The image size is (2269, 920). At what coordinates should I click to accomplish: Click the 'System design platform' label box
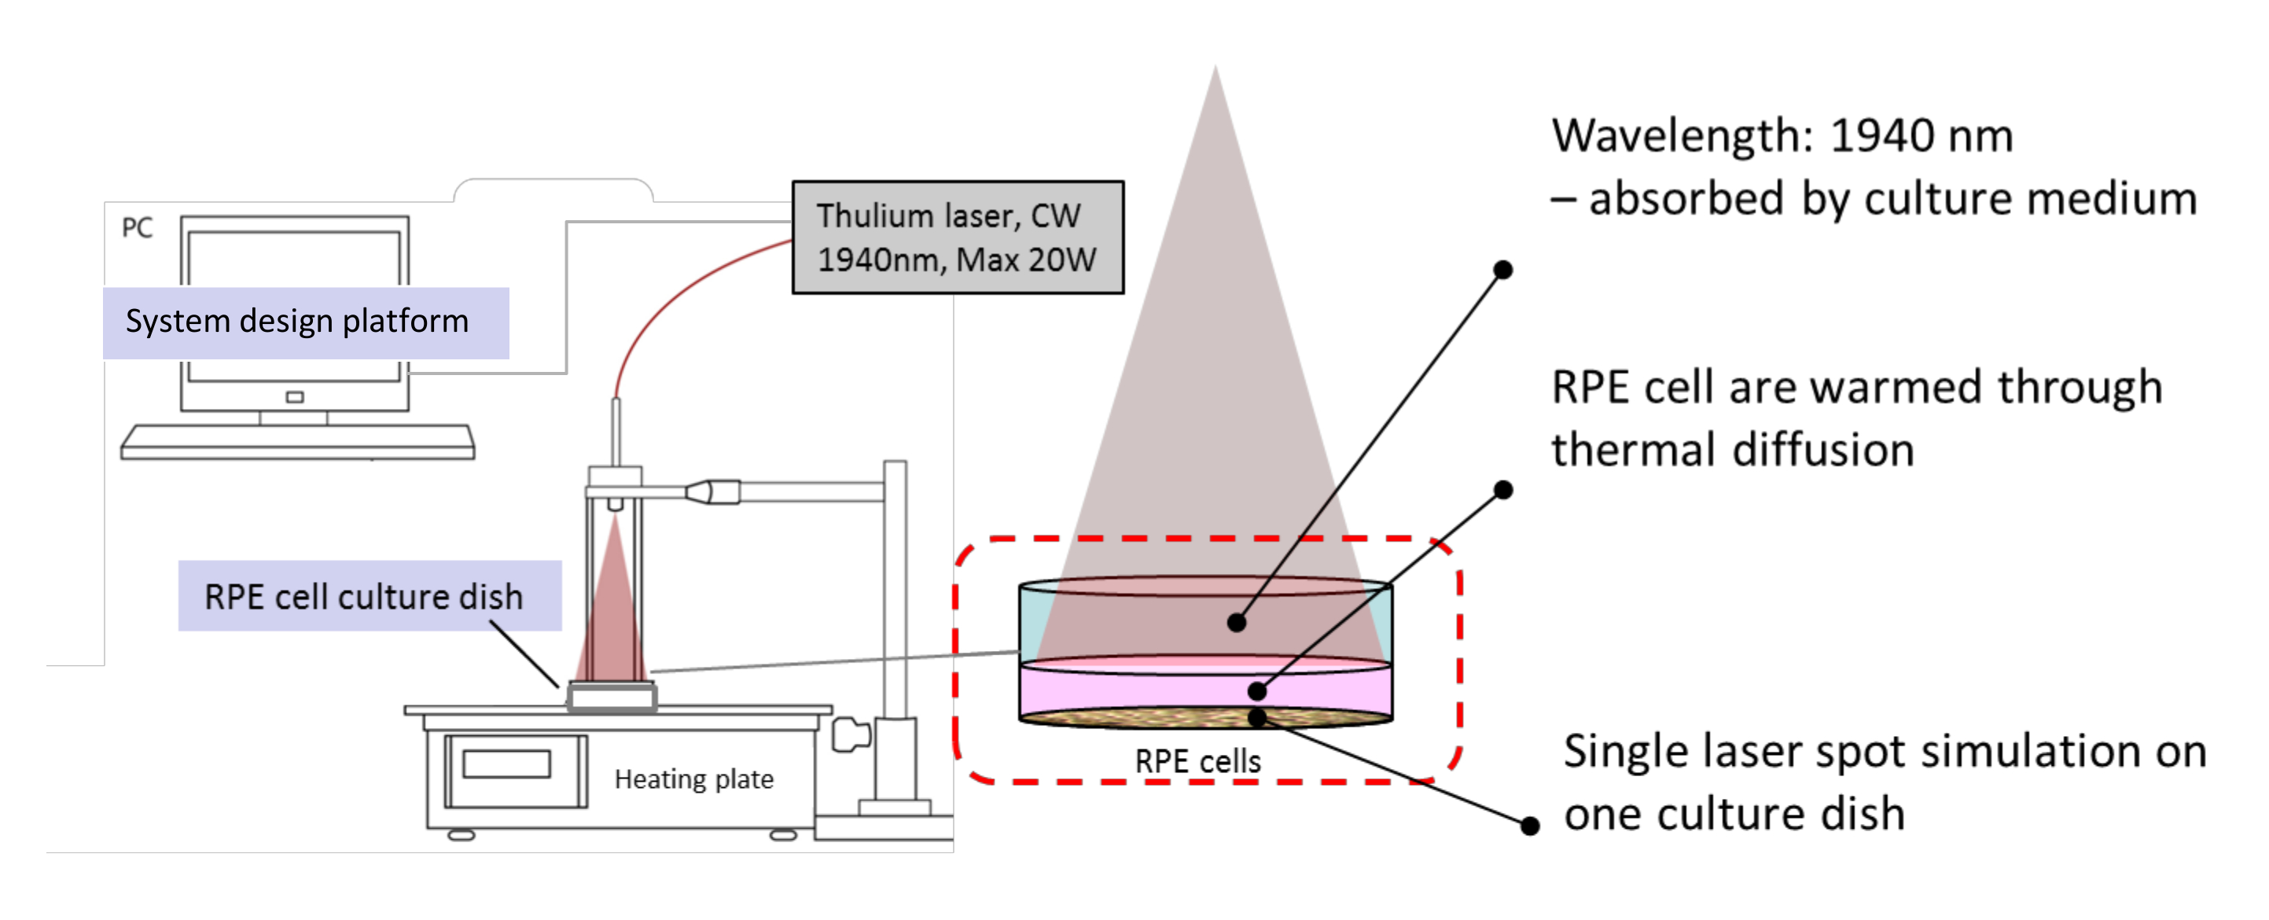[306, 322]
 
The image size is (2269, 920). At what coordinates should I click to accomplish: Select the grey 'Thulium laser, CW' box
[958, 237]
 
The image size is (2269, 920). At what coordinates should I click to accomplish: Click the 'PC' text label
[137, 228]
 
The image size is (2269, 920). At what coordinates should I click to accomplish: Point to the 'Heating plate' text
[693, 779]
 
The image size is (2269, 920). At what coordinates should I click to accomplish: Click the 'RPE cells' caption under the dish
[1197, 761]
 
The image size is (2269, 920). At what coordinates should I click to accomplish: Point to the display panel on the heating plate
[506, 764]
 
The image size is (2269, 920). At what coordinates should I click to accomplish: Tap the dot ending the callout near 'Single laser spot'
[1530, 826]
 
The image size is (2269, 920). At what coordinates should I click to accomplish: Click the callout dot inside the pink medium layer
[1258, 692]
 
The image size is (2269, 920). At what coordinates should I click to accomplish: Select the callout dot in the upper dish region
[1237, 623]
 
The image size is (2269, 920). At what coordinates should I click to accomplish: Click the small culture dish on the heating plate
[612, 696]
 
